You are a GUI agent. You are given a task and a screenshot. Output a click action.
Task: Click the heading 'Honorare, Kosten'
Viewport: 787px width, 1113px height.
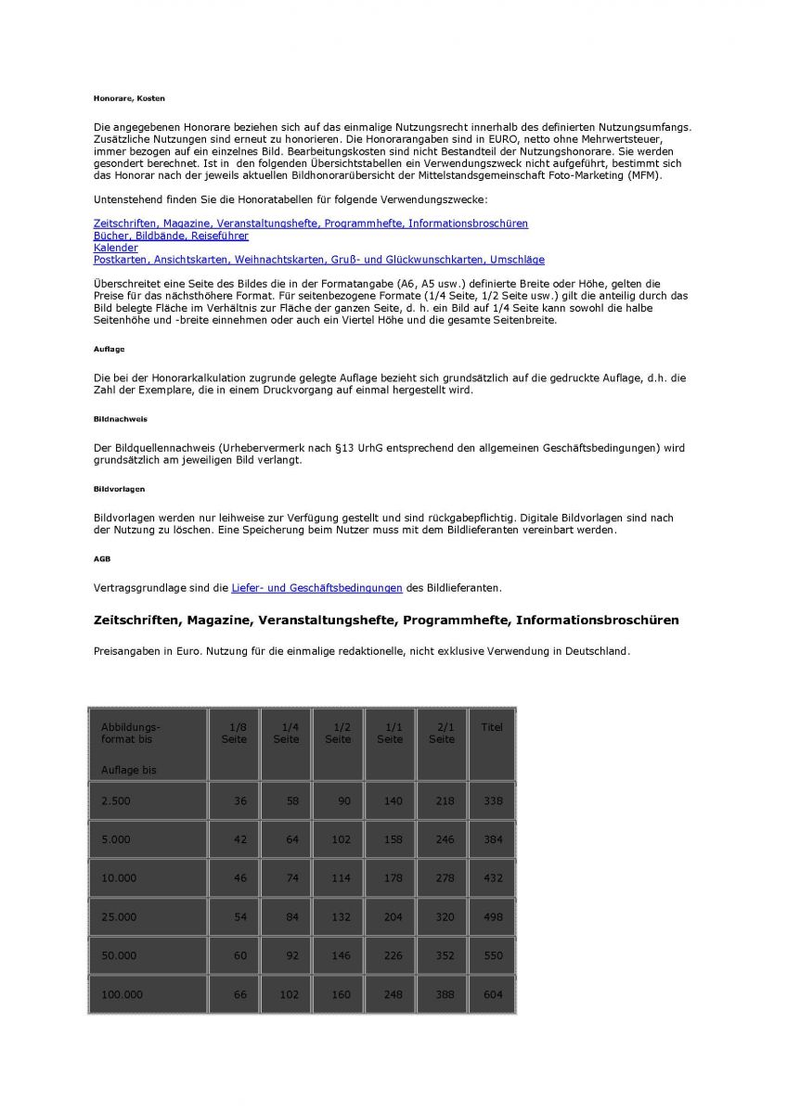(x=129, y=97)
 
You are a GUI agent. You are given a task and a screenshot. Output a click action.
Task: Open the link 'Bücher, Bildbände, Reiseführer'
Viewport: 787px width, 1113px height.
(x=171, y=236)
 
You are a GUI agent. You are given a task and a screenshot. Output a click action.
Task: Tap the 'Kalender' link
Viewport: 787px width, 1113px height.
(x=115, y=248)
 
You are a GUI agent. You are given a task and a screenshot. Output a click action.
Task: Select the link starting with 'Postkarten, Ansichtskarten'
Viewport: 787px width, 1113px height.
(x=318, y=260)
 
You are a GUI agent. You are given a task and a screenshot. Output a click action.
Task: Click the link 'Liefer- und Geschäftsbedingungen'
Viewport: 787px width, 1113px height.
(x=316, y=587)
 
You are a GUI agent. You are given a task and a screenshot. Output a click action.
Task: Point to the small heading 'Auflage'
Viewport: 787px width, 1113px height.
(x=109, y=349)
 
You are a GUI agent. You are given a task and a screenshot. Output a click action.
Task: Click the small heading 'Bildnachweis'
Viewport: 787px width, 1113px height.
(x=120, y=418)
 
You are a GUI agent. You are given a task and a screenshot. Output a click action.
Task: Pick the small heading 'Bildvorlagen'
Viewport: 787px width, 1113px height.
(x=119, y=488)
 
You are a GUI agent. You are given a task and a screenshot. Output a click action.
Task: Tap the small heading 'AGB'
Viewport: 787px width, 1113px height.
(x=102, y=558)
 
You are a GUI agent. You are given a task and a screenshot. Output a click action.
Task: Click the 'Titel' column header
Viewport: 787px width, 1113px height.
(x=492, y=727)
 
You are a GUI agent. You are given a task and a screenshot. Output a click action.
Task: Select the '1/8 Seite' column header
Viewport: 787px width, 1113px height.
(x=234, y=733)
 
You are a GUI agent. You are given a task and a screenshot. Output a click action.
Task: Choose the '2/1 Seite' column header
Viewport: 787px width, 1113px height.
(x=442, y=733)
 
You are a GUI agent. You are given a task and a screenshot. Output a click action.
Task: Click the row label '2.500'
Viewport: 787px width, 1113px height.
(x=116, y=800)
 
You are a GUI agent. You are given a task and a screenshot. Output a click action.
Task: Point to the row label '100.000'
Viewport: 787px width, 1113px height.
(x=123, y=994)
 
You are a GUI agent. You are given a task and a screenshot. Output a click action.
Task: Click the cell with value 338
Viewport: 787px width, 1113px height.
(x=493, y=800)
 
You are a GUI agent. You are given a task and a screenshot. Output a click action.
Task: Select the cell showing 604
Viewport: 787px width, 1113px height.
(x=493, y=994)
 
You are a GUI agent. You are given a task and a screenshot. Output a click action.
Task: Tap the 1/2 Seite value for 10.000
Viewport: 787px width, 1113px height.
(x=341, y=877)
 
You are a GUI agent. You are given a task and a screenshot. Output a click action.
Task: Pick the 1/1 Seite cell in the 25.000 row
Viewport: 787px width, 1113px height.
(x=393, y=916)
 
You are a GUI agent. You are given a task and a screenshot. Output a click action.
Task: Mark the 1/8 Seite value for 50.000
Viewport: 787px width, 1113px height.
(x=239, y=955)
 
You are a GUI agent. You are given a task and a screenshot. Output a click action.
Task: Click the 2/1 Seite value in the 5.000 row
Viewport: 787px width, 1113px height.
(x=445, y=839)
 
